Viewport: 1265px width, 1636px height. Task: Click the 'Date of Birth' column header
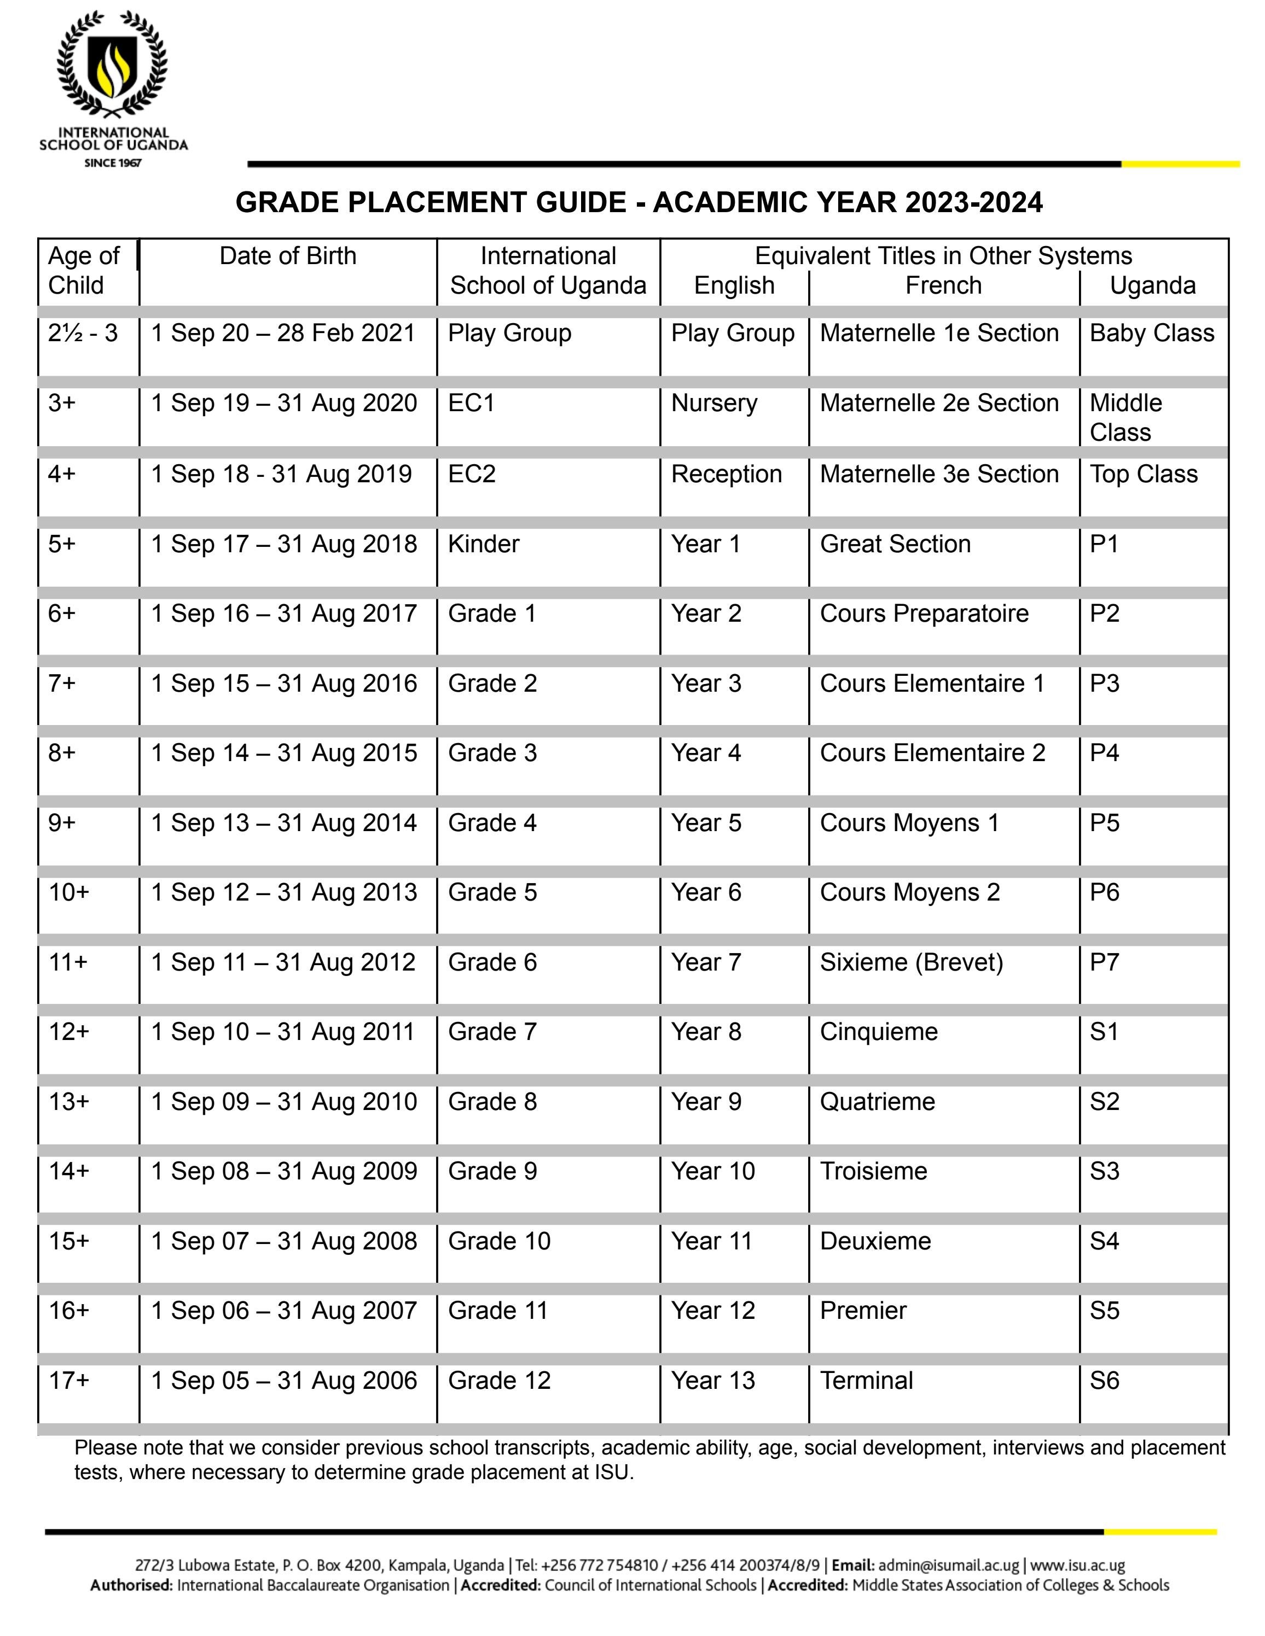[288, 256]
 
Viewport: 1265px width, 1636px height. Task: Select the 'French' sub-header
[943, 285]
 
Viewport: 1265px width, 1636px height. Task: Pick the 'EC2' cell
[472, 474]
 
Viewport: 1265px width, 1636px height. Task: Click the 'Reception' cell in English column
[726, 474]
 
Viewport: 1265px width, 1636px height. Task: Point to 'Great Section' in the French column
[895, 544]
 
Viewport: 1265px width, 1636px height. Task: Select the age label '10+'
[69, 892]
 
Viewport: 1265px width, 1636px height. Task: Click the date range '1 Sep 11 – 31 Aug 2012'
[283, 962]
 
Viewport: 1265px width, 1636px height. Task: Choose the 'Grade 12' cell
[499, 1381]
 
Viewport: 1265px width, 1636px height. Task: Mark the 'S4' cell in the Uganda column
[1104, 1241]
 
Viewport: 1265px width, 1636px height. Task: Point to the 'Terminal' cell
[866, 1381]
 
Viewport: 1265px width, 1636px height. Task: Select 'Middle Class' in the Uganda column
[1125, 417]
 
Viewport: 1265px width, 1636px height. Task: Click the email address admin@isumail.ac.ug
[948, 1565]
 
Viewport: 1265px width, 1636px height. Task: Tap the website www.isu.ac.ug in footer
[1077, 1565]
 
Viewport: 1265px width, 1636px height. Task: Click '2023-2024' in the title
[973, 202]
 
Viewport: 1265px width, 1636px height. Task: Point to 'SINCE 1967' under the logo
[112, 162]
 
